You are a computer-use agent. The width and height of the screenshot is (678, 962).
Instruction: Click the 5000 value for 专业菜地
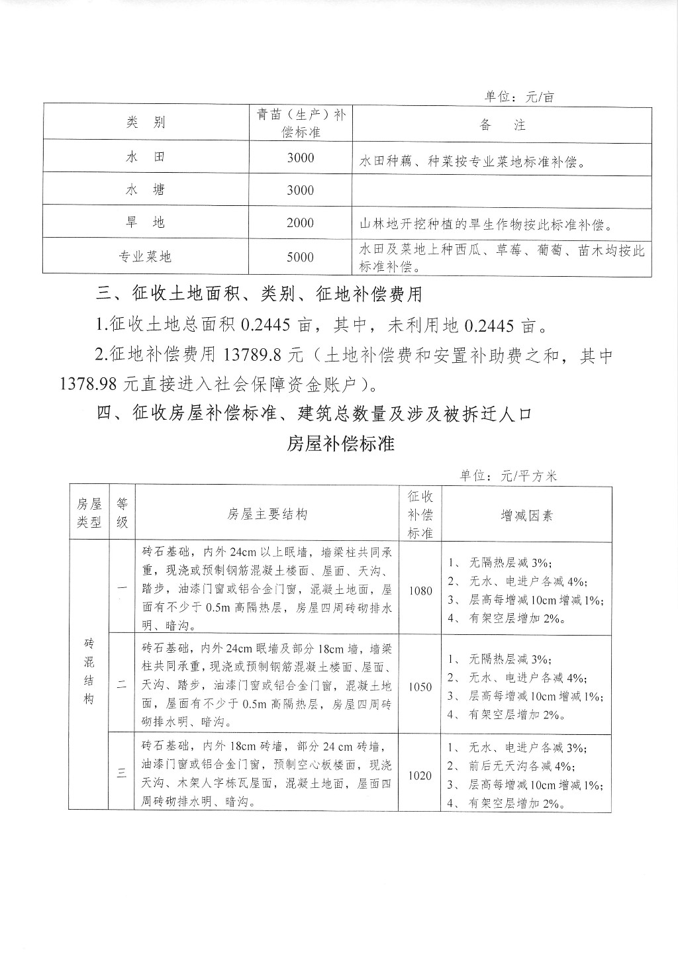point(300,256)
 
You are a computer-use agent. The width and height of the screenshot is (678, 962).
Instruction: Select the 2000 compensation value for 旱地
point(300,222)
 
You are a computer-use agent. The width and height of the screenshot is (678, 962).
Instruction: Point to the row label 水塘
point(144,190)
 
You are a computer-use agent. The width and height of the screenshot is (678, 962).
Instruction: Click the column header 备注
point(502,124)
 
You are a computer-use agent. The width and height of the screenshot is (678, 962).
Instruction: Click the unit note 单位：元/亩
point(519,97)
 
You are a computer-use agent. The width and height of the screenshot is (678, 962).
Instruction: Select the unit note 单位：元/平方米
point(509,475)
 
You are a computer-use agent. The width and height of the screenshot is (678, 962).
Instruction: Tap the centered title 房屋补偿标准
point(340,444)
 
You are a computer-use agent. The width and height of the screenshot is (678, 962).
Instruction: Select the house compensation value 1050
point(420,687)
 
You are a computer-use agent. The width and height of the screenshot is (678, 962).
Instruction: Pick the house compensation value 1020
point(420,775)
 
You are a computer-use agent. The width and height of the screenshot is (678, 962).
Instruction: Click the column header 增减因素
point(526,515)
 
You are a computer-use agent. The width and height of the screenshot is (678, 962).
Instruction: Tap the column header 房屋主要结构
point(267,515)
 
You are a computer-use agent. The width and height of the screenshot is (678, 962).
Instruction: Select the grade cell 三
point(122,773)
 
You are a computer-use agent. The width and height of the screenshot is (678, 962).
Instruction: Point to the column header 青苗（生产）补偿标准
point(301,123)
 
